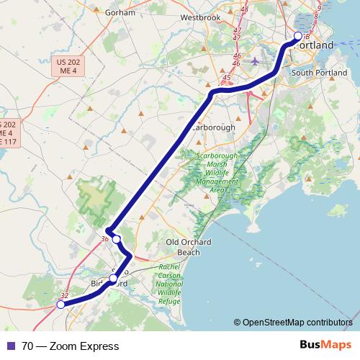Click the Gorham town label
point(120,13)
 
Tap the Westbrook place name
point(199,17)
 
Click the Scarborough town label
point(213,127)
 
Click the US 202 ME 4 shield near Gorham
point(69,67)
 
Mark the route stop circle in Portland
point(299,36)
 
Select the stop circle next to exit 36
point(117,239)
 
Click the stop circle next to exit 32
point(60,305)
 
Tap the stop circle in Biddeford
point(113,278)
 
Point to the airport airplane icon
point(255,61)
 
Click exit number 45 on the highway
point(227,78)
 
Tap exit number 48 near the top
point(245,9)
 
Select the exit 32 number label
point(64,295)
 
